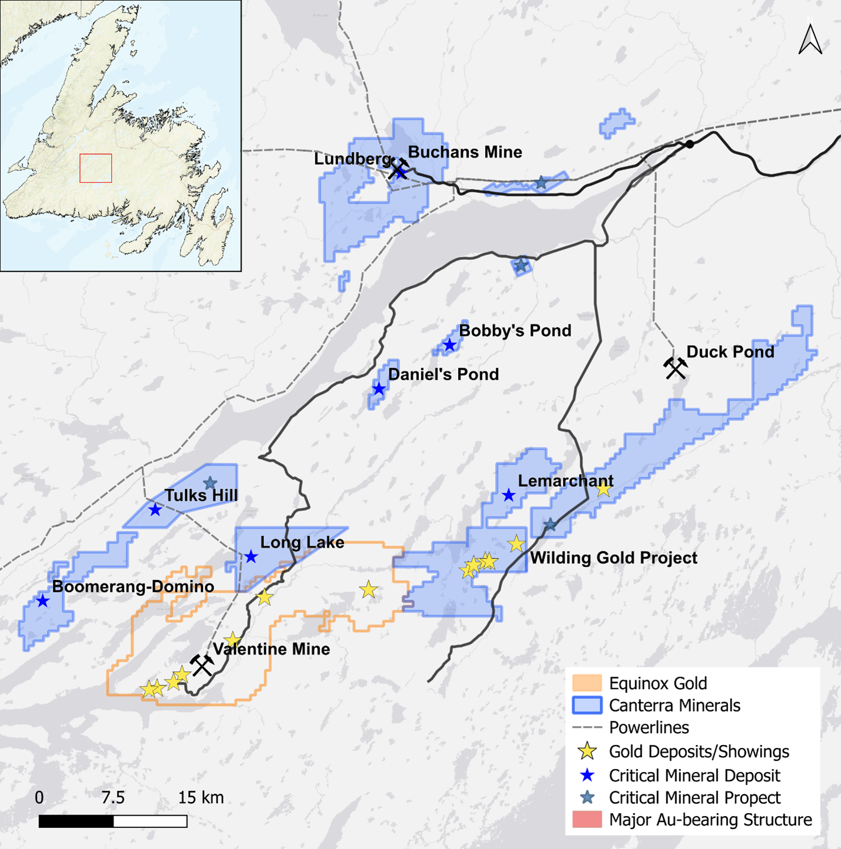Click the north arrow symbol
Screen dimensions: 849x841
pyautogui.click(x=810, y=39)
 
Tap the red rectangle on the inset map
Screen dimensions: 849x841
pyautogui.click(x=96, y=168)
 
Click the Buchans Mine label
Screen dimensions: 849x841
pyautogui.click(x=465, y=152)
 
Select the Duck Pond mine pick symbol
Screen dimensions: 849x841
pyautogui.click(x=675, y=367)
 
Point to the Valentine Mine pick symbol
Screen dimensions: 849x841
pyautogui.click(x=202, y=665)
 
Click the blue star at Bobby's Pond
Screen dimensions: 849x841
pyautogui.click(x=450, y=345)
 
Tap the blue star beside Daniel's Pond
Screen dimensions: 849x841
pyautogui.click(x=379, y=389)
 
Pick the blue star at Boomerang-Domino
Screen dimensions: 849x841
pyautogui.click(x=42, y=601)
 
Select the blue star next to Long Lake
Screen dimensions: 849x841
pyautogui.click(x=251, y=556)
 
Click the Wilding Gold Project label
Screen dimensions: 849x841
pyautogui.click(x=613, y=558)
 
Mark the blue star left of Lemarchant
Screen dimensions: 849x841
pyautogui.click(x=509, y=496)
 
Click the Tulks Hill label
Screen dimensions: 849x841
pyautogui.click(x=201, y=496)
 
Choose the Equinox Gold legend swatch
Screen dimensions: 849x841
pyautogui.click(x=587, y=683)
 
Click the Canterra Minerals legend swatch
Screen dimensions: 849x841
pyautogui.click(x=587, y=705)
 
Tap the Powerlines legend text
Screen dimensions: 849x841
pyautogui.click(x=649, y=727)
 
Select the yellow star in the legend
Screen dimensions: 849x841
pyautogui.click(x=587, y=751)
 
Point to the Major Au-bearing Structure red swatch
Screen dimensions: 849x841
pyautogui.click(x=587, y=820)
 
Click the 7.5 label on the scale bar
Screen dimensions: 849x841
pyautogui.click(x=113, y=798)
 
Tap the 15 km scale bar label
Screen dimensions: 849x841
pyautogui.click(x=201, y=798)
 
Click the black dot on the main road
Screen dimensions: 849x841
pyautogui.click(x=690, y=144)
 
